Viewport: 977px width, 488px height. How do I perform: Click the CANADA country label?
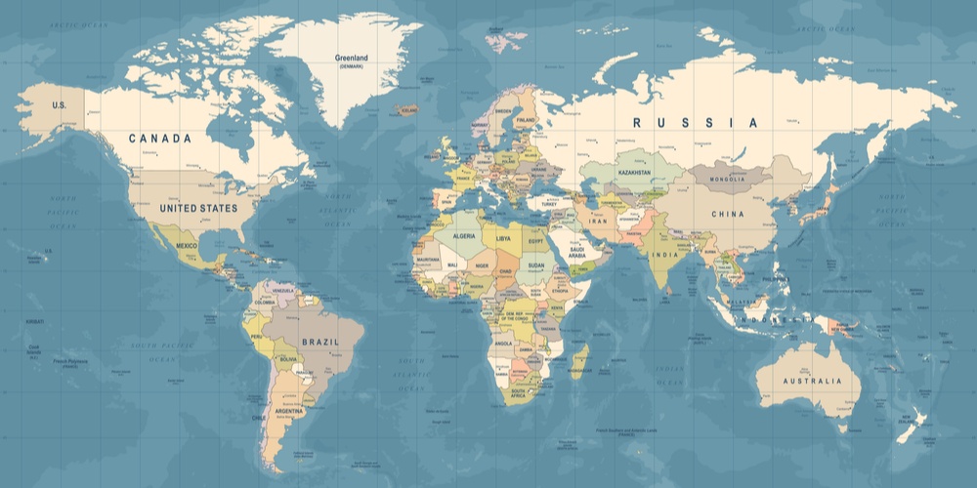pos(160,139)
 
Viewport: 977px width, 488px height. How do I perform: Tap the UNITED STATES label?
pos(198,208)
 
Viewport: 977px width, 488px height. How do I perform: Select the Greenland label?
pos(351,58)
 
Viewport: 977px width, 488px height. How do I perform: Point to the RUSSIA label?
pos(695,123)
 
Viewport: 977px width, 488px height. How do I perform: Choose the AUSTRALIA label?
pos(810,380)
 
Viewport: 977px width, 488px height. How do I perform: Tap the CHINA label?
pos(727,214)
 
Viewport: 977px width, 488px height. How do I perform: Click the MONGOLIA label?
pos(726,179)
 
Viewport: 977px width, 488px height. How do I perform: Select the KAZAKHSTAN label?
pos(634,172)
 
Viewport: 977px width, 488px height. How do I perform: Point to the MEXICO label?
pos(186,247)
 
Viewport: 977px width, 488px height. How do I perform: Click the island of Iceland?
pos(404,111)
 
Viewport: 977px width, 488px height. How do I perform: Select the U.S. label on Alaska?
pos(59,104)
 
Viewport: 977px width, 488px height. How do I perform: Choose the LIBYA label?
pos(503,237)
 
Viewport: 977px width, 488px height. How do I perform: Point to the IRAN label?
pos(598,222)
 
